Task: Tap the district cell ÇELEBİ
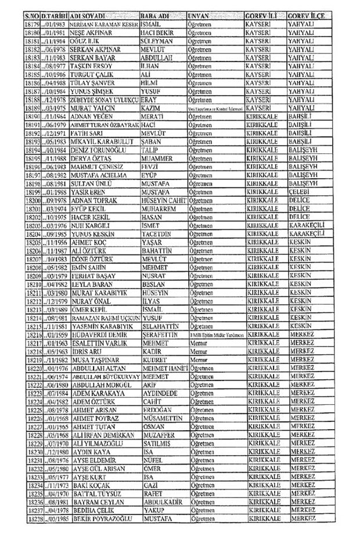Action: [301, 191]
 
